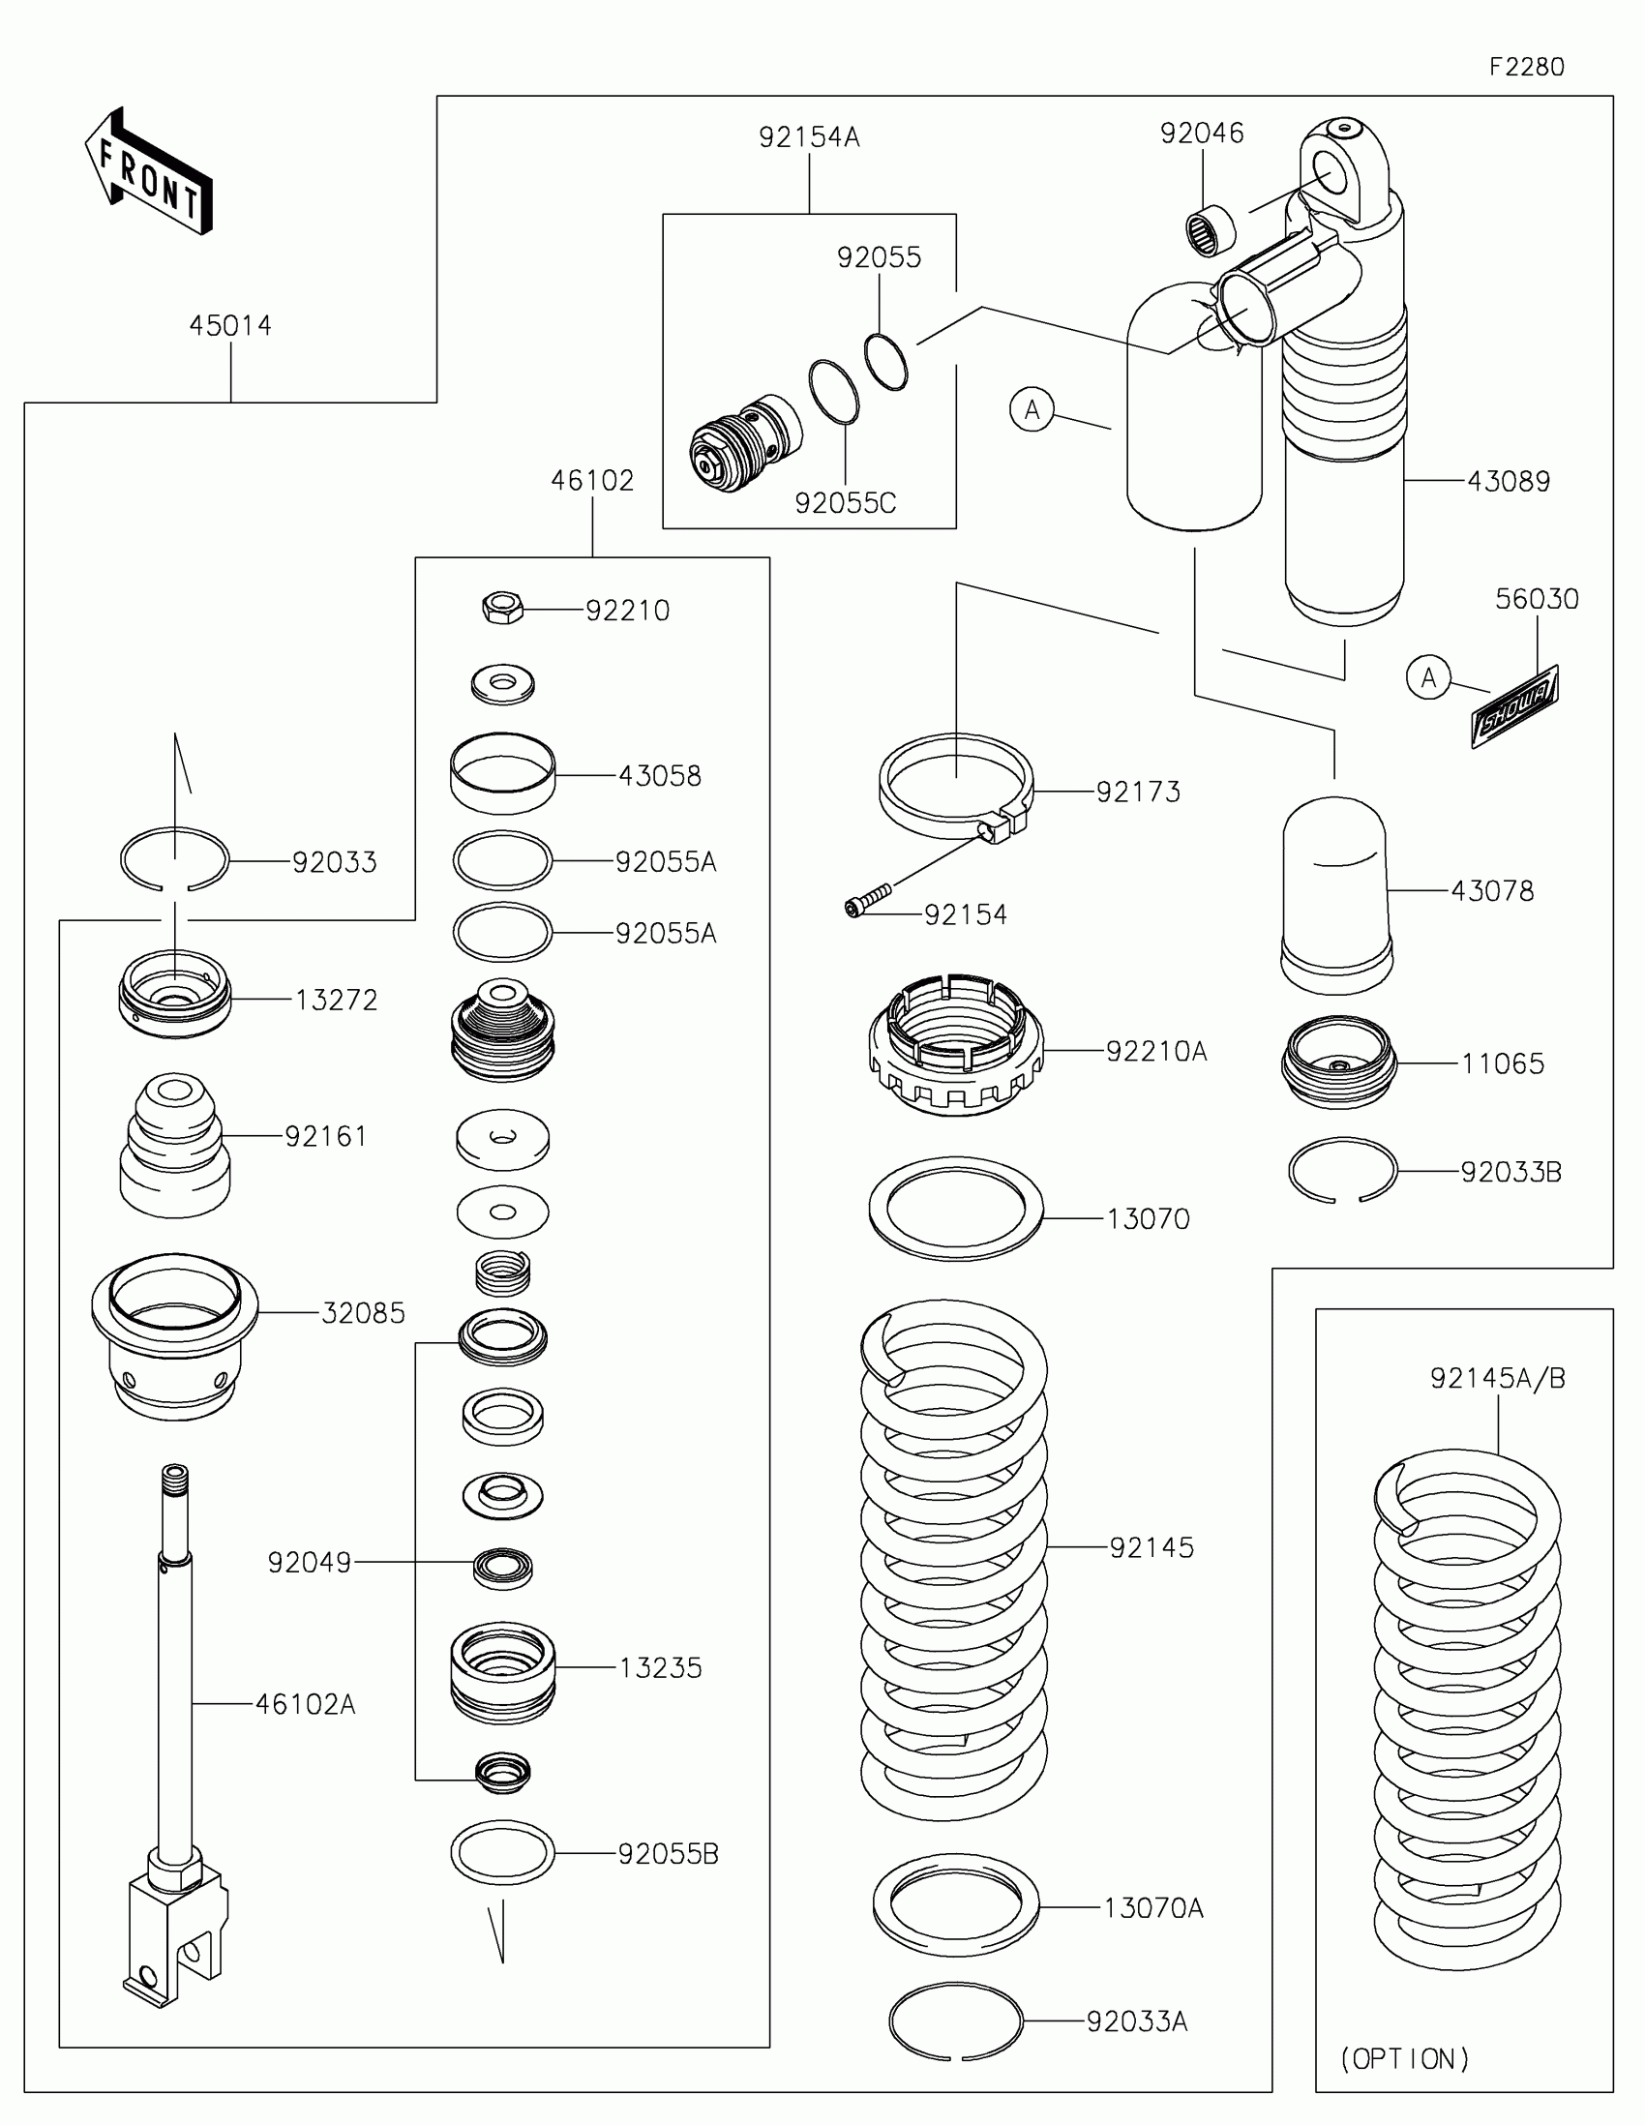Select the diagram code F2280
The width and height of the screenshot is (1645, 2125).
click(x=1526, y=67)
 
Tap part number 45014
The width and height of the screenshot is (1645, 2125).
click(x=230, y=325)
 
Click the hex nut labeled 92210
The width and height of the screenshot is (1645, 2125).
click(x=503, y=609)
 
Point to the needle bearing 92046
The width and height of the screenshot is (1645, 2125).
click(x=1211, y=230)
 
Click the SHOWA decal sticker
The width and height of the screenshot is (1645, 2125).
click(x=1515, y=705)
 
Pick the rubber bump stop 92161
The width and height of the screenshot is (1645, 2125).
click(x=175, y=1144)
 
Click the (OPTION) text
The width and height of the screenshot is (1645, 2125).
click(x=1405, y=2058)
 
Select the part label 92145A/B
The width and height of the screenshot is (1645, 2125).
click(x=1497, y=1378)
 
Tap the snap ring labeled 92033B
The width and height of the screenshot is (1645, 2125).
click(x=1342, y=1171)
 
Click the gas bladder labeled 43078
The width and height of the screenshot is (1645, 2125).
click(x=1335, y=893)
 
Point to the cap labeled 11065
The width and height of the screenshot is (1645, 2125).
click(x=1338, y=1062)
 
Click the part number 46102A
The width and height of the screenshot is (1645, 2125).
click(x=306, y=1704)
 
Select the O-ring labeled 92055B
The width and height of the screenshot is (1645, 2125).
click(x=503, y=1852)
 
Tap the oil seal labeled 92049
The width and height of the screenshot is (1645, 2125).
click(x=503, y=1568)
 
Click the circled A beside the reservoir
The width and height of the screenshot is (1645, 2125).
click(x=1032, y=409)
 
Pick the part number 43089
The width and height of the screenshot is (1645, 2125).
click(x=1508, y=481)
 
